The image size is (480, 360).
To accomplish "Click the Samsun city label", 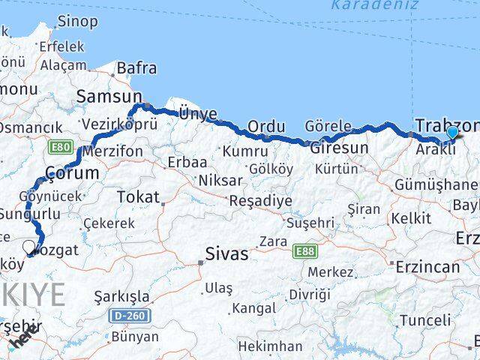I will coord(109,97).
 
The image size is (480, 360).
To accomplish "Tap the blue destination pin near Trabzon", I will coord(452,133).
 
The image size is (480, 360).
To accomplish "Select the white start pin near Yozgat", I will coord(29,246).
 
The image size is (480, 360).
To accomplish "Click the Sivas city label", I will coord(228,254).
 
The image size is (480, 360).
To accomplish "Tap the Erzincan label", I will coord(428,267).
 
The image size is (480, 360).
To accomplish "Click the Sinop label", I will coord(77,21).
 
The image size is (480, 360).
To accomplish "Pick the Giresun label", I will coord(339,148).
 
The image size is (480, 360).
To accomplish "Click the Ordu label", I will coord(266,126).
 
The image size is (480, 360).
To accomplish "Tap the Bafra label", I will coord(136,69).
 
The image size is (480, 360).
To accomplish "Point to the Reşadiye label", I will coord(259,201).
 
